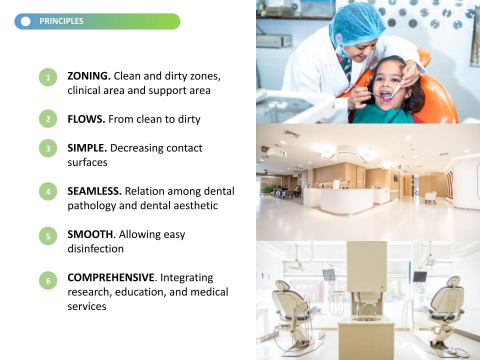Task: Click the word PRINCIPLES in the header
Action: tap(61, 21)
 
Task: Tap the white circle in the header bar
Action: tap(25, 21)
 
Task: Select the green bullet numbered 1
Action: tap(48, 77)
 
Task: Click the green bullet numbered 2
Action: tap(48, 119)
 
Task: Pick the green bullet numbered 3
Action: tap(48, 148)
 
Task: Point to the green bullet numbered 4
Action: tap(48, 191)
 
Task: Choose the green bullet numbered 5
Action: tap(48, 235)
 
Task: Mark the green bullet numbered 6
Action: tap(48, 280)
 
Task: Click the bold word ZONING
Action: tap(89, 76)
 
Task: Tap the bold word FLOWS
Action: tap(86, 119)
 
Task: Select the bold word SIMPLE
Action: tap(87, 148)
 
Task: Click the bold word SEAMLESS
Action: tap(94, 191)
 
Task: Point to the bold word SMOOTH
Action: tap(90, 234)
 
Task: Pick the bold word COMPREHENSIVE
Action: tap(111, 277)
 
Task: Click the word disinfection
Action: tap(95, 248)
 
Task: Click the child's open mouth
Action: tap(386, 96)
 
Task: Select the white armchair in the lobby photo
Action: tap(430, 197)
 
